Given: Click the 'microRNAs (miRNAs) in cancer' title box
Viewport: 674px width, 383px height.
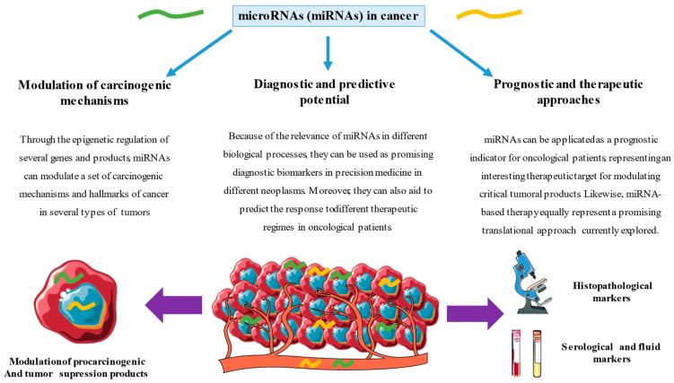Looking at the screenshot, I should pyautogui.click(x=328, y=17).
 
